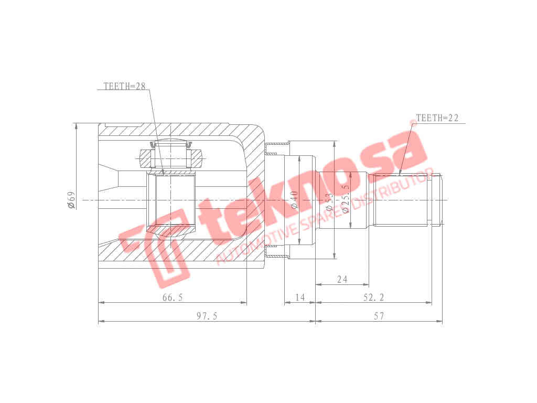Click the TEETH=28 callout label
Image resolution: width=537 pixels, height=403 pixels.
(124, 87)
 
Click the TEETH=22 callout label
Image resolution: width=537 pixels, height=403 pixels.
(437, 118)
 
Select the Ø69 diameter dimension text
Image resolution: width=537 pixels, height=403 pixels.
(71, 200)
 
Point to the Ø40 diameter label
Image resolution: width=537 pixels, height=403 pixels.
(295, 200)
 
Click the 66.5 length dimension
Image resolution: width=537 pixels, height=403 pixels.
(173, 298)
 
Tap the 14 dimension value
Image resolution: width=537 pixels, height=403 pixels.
(300, 298)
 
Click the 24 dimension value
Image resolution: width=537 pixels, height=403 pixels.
(342, 279)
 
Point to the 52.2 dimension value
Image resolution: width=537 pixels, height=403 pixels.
(374, 298)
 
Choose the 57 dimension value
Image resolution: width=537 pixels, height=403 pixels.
(379, 316)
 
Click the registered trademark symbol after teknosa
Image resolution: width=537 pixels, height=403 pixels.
(413, 122)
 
